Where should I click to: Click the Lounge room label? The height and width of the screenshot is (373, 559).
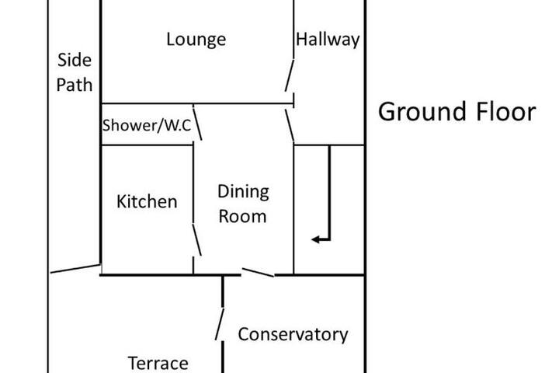coord(196,40)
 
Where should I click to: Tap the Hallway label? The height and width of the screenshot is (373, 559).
coord(328,40)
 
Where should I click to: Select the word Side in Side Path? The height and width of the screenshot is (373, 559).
coord(75,60)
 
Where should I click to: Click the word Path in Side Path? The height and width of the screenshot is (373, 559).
coord(75,85)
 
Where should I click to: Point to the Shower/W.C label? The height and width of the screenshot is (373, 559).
coord(147,125)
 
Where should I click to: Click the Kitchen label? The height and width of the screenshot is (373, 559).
coord(147,202)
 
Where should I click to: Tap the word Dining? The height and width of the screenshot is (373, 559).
coord(243,192)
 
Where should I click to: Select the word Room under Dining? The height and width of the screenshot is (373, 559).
coord(242,216)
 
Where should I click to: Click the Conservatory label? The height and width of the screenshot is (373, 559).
coord(293,334)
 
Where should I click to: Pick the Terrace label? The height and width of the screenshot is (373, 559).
coord(158,364)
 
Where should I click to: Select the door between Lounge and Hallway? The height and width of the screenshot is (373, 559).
coord(290,75)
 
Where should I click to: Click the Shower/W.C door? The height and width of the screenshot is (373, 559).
coord(197,122)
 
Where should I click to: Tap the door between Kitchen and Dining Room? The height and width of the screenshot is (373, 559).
coord(197,239)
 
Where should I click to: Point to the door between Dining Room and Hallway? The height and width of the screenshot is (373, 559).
coord(290,125)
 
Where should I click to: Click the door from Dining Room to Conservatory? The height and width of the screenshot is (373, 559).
coord(258,272)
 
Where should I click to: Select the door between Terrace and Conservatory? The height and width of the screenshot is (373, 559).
coord(220,324)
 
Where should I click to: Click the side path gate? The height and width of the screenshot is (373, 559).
coord(75,268)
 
